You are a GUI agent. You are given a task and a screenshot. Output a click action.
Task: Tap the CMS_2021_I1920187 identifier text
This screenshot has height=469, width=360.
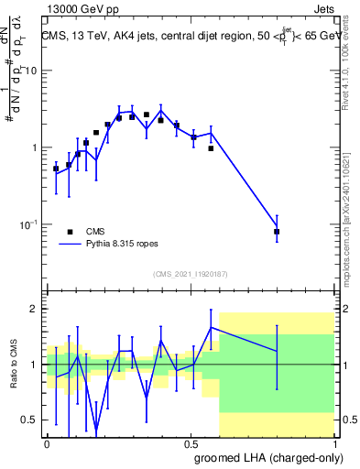pos(191,274)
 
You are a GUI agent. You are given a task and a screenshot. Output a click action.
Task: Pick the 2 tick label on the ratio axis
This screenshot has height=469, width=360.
pos(36,310)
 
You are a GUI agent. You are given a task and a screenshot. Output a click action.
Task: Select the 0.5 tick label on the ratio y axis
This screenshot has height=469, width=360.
pos(31,420)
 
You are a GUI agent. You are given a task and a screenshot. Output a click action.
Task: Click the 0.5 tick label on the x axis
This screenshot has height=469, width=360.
pos(191,442)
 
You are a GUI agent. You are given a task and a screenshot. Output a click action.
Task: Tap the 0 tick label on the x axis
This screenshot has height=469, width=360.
pos(48,442)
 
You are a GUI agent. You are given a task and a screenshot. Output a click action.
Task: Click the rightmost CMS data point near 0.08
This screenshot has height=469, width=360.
pos(277,232)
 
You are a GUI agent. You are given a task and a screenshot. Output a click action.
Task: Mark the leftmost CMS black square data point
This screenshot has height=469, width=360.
pos(56,169)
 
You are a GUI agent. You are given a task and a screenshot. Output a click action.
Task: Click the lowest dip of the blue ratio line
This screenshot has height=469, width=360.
pos(96,430)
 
